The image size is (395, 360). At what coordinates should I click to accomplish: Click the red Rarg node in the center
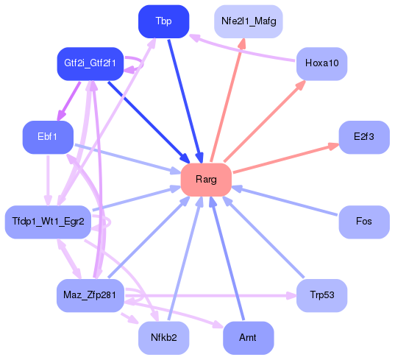point(206,180)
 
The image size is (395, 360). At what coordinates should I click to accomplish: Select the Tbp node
point(163,21)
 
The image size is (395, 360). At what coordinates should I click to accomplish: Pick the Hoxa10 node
point(321,64)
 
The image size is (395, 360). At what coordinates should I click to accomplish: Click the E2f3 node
point(363,137)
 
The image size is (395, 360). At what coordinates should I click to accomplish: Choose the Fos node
point(363,221)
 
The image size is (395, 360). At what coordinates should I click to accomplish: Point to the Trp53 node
point(321,295)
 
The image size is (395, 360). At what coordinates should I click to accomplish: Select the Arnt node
point(248,338)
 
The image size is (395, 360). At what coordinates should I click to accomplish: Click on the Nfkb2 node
point(163,338)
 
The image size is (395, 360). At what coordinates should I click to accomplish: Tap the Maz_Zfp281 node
point(90,295)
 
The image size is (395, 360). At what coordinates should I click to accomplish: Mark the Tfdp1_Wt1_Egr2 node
point(49,221)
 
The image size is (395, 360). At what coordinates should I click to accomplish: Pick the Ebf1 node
point(48,137)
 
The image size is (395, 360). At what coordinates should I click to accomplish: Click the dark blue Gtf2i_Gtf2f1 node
point(90,64)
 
